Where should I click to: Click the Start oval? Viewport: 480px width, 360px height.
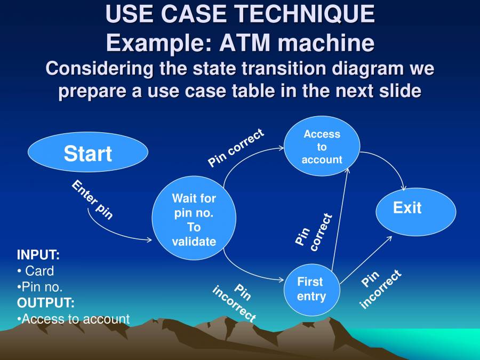tap(87, 153)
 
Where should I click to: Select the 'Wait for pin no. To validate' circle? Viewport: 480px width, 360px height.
tap(194, 220)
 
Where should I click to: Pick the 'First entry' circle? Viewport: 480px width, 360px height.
tap(311, 289)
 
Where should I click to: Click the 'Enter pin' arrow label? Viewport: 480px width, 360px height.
tap(92, 199)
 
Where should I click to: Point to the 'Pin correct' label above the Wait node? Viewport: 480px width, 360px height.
tap(236, 148)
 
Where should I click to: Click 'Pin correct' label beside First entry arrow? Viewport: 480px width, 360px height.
tap(314, 232)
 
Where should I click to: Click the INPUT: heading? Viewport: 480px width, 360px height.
tap(38, 254)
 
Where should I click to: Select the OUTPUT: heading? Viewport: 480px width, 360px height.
tap(46, 303)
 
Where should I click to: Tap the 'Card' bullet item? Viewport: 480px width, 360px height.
tap(39, 270)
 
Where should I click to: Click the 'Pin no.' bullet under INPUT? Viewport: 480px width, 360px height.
tap(42, 286)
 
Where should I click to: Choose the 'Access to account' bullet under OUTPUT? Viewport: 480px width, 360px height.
tap(75, 319)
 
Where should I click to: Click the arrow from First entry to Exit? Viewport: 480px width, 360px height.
tap(367, 259)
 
